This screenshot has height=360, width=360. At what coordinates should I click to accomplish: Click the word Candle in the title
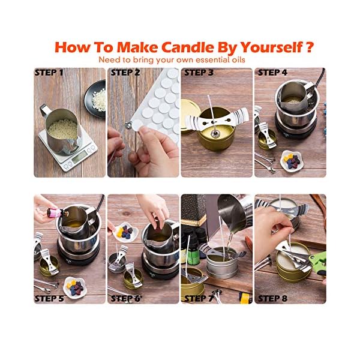point(188,47)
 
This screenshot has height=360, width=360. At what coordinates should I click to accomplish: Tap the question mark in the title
point(310,47)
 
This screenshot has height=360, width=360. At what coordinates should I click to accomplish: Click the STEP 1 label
point(49,73)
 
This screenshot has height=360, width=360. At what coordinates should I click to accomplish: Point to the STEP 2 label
point(125,73)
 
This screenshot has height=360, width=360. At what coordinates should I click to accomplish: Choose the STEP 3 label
point(199,73)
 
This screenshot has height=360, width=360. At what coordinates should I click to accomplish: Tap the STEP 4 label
point(272,73)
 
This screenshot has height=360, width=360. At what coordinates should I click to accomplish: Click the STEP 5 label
point(49,298)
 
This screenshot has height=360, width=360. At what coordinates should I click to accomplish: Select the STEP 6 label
point(125,298)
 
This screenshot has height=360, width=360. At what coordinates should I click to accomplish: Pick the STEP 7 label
point(199,298)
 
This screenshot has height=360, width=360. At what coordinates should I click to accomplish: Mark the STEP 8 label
point(272,298)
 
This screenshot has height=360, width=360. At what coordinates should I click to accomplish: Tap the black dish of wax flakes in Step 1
point(95,98)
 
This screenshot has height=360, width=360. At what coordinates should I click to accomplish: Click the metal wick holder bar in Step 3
point(217,119)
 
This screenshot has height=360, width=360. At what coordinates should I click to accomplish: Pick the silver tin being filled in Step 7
point(222,263)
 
